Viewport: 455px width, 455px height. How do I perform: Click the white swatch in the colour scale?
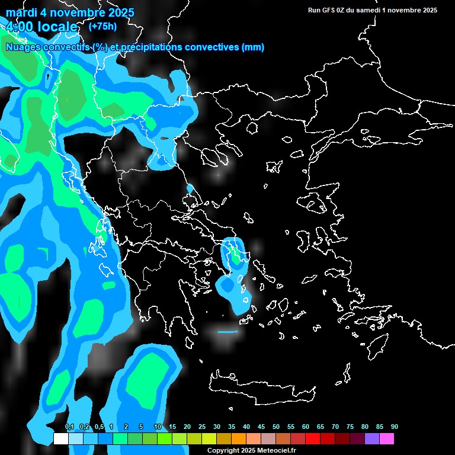[61, 438]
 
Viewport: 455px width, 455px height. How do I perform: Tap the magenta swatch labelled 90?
[387, 438]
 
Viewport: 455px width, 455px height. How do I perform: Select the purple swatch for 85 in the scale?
[372, 438]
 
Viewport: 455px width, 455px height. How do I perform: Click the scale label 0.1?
[69, 427]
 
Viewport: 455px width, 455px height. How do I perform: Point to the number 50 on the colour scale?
[276, 427]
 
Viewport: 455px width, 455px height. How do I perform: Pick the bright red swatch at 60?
[313, 438]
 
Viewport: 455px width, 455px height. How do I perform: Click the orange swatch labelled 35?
[239, 438]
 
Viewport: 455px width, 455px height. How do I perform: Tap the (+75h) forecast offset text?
[102, 26]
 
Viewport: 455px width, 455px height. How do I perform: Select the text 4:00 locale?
[41, 27]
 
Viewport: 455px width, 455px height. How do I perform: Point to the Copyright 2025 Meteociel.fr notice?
[251, 450]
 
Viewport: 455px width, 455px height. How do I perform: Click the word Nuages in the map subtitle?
[23, 47]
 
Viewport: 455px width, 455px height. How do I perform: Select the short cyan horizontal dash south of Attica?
[227, 332]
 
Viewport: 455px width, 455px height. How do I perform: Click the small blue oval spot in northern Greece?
[190, 188]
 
